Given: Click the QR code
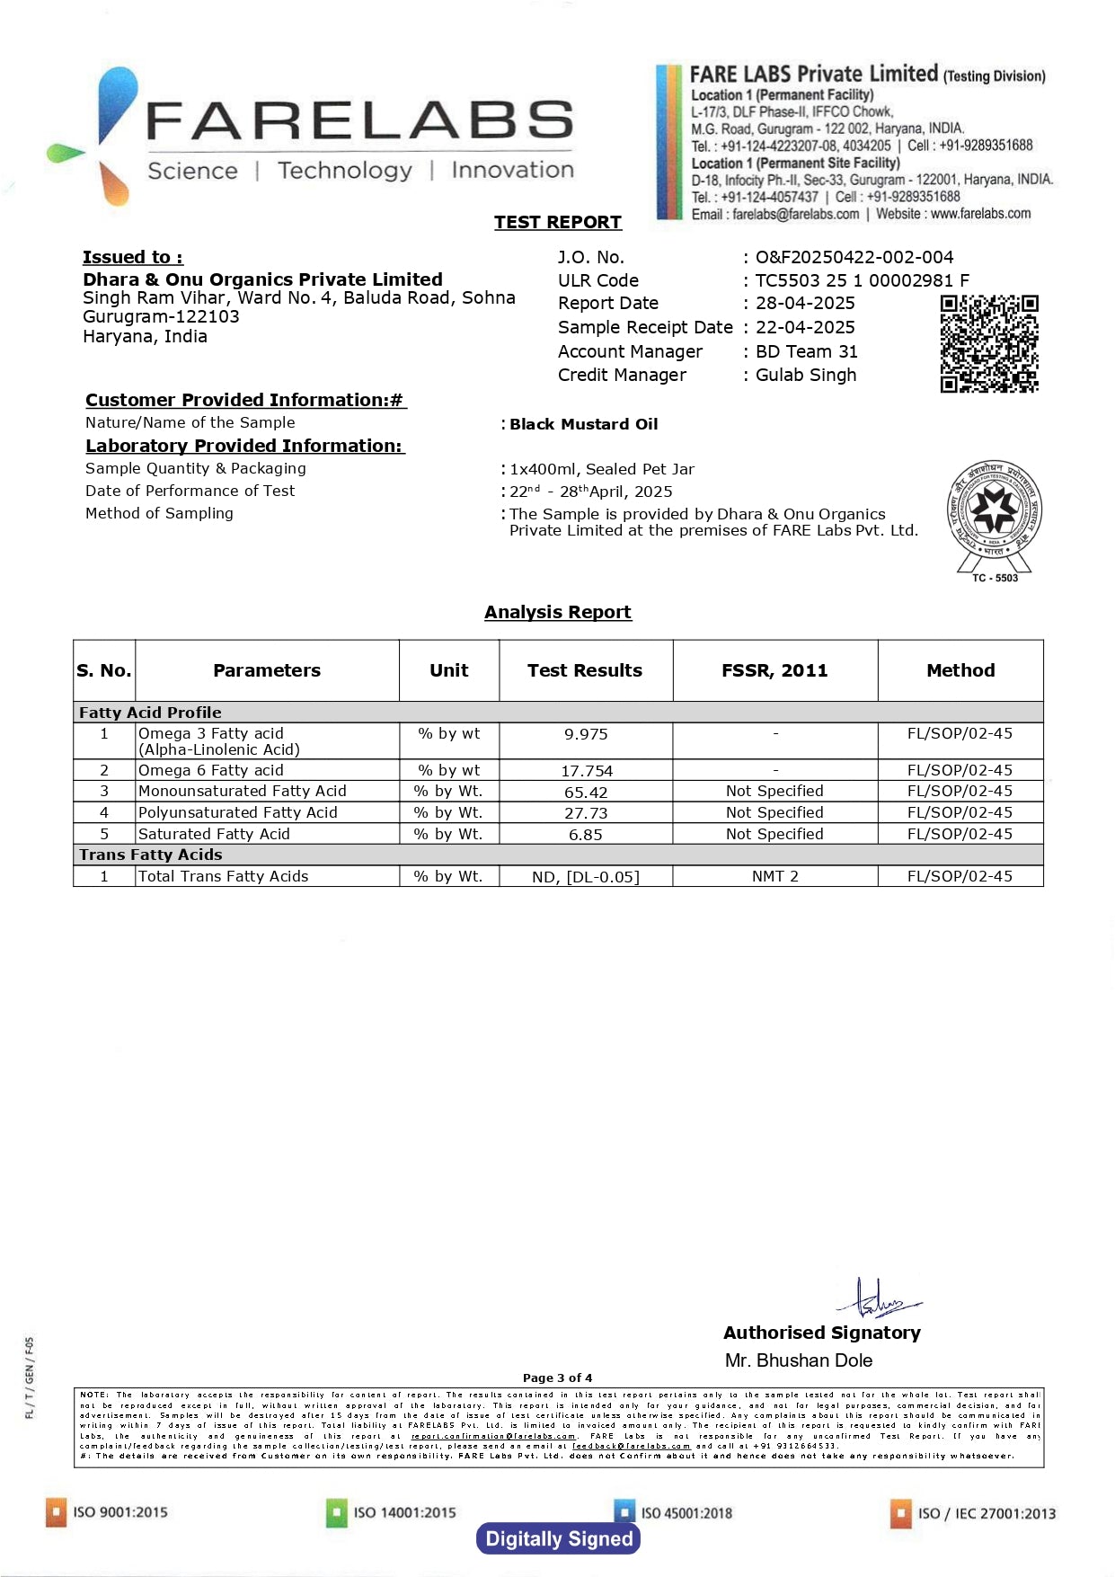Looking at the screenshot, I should (988, 343).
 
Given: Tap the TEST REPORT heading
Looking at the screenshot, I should (557, 222).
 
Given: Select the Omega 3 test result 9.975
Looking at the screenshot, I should (586, 734).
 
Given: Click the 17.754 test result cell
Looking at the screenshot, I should (586, 771).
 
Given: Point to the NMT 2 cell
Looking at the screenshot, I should (774, 876).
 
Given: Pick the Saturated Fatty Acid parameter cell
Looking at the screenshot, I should (214, 834).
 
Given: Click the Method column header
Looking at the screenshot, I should (960, 670).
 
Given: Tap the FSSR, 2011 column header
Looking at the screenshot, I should (774, 670).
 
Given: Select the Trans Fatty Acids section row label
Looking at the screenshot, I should (151, 855).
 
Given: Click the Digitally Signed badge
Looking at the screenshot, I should (558, 1538).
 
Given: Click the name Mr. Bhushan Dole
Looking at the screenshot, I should (799, 1360).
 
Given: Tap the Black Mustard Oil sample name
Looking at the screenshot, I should (584, 424).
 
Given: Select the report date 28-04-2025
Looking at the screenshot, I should (805, 304).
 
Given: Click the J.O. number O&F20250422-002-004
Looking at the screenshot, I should (854, 257).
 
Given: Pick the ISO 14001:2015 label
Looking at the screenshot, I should (404, 1512).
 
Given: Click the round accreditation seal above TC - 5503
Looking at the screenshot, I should (995, 510).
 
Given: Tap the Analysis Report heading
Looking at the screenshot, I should (558, 612).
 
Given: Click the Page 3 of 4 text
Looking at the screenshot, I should (557, 1378).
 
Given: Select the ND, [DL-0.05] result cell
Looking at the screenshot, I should (586, 877).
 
